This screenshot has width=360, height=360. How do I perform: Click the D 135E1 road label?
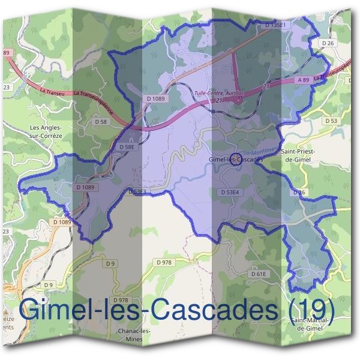point(277,25)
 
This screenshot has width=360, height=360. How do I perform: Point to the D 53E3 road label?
point(137,192)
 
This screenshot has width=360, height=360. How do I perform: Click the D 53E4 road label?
point(230,192)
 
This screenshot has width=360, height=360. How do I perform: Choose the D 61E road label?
point(258,274)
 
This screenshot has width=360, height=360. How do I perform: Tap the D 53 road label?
point(331,121)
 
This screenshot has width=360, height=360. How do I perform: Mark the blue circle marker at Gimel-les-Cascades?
point(235,159)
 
